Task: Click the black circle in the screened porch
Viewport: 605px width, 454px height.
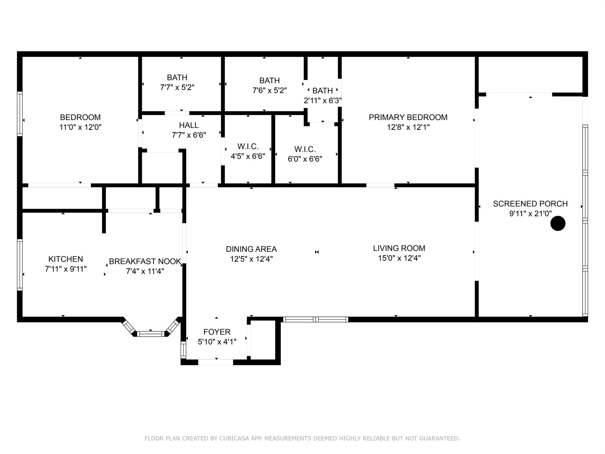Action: point(558,223)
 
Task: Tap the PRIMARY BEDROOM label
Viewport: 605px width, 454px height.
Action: point(408,117)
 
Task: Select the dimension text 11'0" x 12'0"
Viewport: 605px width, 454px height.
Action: point(80,127)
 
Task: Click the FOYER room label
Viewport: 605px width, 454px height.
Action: point(217,332)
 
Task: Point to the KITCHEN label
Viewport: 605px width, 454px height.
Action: point(66,259)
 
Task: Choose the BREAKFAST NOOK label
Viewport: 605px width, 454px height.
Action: point(145,261)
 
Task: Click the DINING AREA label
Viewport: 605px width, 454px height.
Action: point(251,249)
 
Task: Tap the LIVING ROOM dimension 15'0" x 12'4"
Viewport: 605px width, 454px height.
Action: point(399,258)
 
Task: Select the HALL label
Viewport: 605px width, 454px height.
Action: point(189,125)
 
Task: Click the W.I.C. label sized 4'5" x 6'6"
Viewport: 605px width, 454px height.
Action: point(248,146)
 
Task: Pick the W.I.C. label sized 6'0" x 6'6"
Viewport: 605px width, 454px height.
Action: point(305,149)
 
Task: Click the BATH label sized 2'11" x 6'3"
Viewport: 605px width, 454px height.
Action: point(323,91)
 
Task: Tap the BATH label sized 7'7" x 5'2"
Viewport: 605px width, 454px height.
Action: point(177,77)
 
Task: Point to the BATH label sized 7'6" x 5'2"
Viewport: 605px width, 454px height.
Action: point(269,80)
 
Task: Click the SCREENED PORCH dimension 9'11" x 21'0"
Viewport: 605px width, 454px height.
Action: point(531,213)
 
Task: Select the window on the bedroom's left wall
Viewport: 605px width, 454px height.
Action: point(20,114)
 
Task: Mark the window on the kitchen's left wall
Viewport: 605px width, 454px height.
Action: point(20,265)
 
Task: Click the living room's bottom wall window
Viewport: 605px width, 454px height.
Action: point(315,319)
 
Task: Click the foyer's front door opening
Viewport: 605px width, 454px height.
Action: point(215,362)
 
